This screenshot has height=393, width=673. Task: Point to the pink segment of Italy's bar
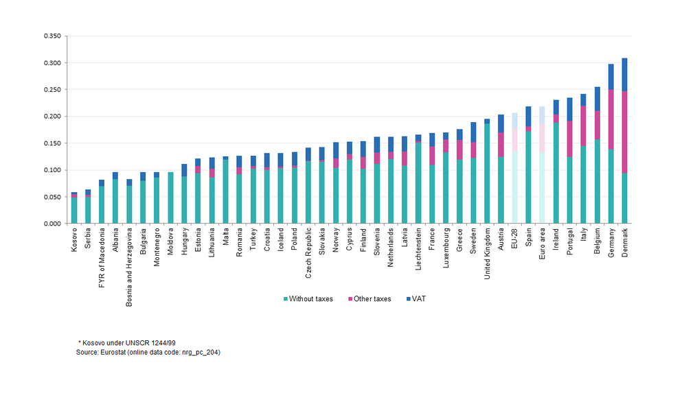click(x=583, y=126)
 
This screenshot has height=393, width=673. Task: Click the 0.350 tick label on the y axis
click(x=52, y=36)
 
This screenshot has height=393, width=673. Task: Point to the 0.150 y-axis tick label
click(x=52, y=143)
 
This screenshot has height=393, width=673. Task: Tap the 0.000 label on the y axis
click(x=52, y=224)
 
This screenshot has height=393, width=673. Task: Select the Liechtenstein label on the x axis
click(x=418, y=249)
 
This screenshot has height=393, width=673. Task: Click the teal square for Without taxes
click(x=284, y=299)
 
